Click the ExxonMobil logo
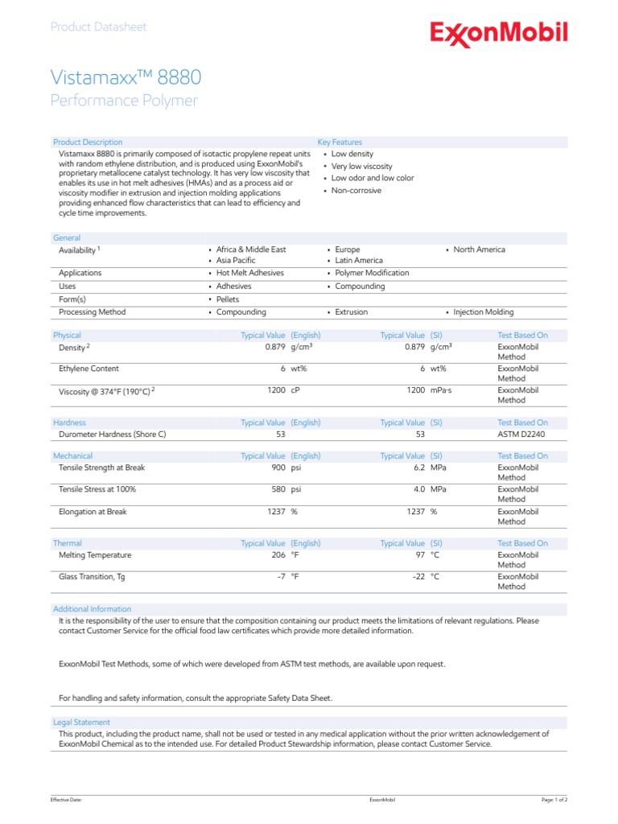point(499,34)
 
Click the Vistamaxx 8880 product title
point(126,77)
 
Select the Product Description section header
point(88,142)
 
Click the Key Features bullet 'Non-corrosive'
point(356,191)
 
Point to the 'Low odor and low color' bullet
point(372,178)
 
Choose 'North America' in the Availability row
point(479,249)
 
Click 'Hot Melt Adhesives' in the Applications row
point(249,273)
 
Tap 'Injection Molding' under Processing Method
point(483,312)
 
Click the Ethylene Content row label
point(89,369)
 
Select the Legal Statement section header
point(81,723)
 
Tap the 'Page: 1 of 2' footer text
point(554,801)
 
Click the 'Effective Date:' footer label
point(66,801)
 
